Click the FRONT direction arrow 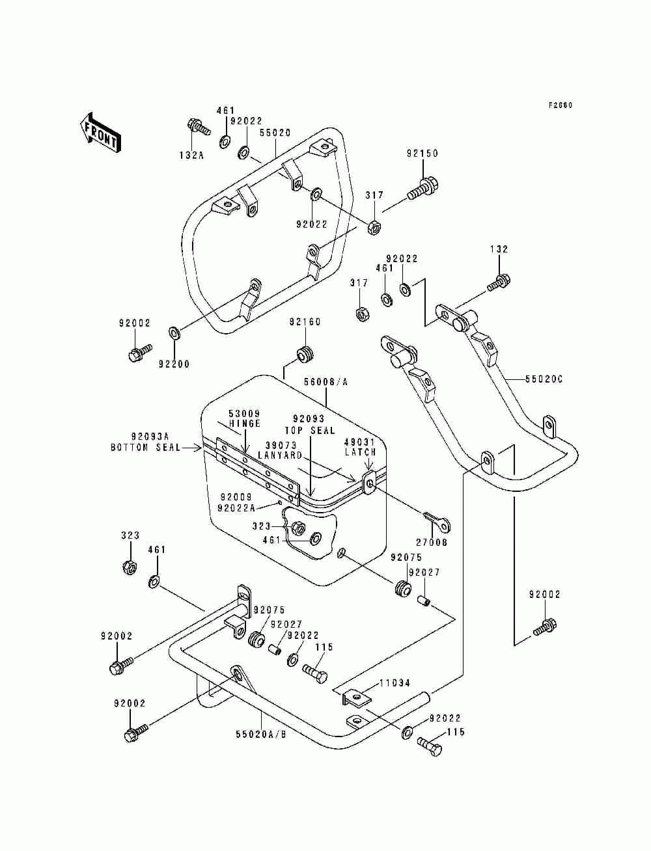coord(100,134)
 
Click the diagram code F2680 coord(561,105)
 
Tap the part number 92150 coord(422,154)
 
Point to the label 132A coord(191,156)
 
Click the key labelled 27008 coord(437,522)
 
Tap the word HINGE coord(244,424)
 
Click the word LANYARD coord(280,455)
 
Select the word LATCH coord(361,452)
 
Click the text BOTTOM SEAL coord(145,448)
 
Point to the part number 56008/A coord(325,383)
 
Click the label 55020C coord(544,379)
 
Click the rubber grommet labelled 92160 coord(305,353)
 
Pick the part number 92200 coord(174,364)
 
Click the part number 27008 coord(432,543)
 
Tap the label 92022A coord(236,508)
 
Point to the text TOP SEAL coord(310,431)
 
